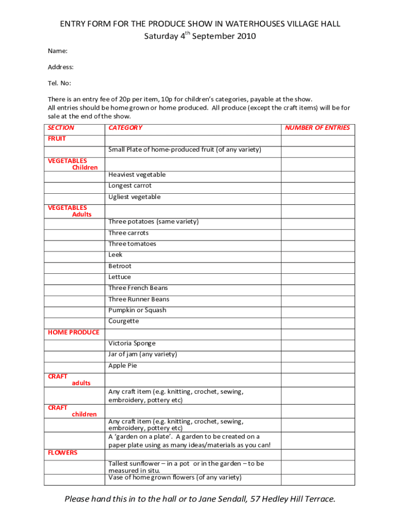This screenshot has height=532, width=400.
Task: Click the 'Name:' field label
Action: pyautogui.click(x=58, y=51)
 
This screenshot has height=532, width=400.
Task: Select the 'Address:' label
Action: pyautogui.click(x=61, y=67)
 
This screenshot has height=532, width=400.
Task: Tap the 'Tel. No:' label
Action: pyautogui.click(x=60, y=83)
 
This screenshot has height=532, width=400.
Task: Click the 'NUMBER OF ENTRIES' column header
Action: pyautogui.click(x=317, y=128)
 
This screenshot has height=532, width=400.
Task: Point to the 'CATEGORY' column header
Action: pyautogui.click(x=125, y=128)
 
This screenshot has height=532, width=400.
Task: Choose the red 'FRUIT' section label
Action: pyautogui.click(x=57, y=139)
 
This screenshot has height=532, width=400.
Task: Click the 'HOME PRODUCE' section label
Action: pyautogui.click(x=73, y=332)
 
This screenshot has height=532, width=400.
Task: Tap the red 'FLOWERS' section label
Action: pyautogui.click(x=62, y=453)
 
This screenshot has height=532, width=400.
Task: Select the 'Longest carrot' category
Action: pyautogui.click(x=130, y=185)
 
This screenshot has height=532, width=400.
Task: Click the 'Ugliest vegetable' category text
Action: pyautogui.click(x=135, y=197)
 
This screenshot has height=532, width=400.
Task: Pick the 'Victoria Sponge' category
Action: pyautogui.click(x=132, y=343)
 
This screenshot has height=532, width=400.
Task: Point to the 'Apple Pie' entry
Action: pyautogui.click(x=123, y=365)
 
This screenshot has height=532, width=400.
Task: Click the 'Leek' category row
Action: pyautogui.click(x=115, y=255)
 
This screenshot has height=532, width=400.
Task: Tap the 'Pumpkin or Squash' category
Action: pyautogui.click(x=137, y=310)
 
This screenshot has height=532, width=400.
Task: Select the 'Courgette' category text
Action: pyautogui.click(x=124, y=321)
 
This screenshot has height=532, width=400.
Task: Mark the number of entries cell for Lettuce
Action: pyautogui.click(x=317, y=277)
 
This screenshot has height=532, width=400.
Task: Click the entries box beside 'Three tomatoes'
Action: pyautogui.click(x=317, y=244)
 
